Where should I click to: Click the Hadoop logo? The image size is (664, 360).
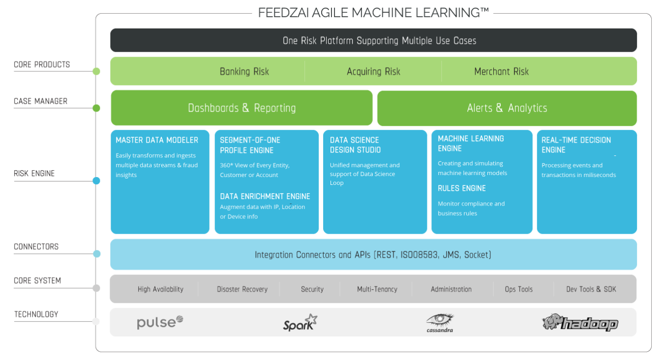[x=580, y=323]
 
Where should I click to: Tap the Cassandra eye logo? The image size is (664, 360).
[x=440, y=323]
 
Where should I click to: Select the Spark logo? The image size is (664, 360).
[x=300, y=323]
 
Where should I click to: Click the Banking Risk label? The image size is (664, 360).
[x=244, y=71]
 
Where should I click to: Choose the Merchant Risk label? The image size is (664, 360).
[x=501, y=71]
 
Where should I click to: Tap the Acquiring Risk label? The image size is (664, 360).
[x=373, y=71]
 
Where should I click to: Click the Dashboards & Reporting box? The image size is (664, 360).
[x=241, y=108]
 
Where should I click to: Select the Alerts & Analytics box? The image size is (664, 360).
[x=507, y=108]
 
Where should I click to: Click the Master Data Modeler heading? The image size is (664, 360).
[x=157, y=140]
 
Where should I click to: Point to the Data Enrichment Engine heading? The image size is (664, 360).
[x=265, y=196]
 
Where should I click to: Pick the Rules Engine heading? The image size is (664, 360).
[x=462, y=188]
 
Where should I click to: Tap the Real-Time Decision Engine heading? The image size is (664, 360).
[x=576, y=145]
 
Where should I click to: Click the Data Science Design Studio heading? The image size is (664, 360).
[x=355, y=145]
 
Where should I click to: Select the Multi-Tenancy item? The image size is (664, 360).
[x=377, y=289]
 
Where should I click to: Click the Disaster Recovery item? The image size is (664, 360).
[x=242, y=289]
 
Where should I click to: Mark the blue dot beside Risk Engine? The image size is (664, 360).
[x=96, y=180]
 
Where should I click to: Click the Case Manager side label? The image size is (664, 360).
[x=40, y=101]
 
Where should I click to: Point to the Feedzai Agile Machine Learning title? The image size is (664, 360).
[x=373, y=12]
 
